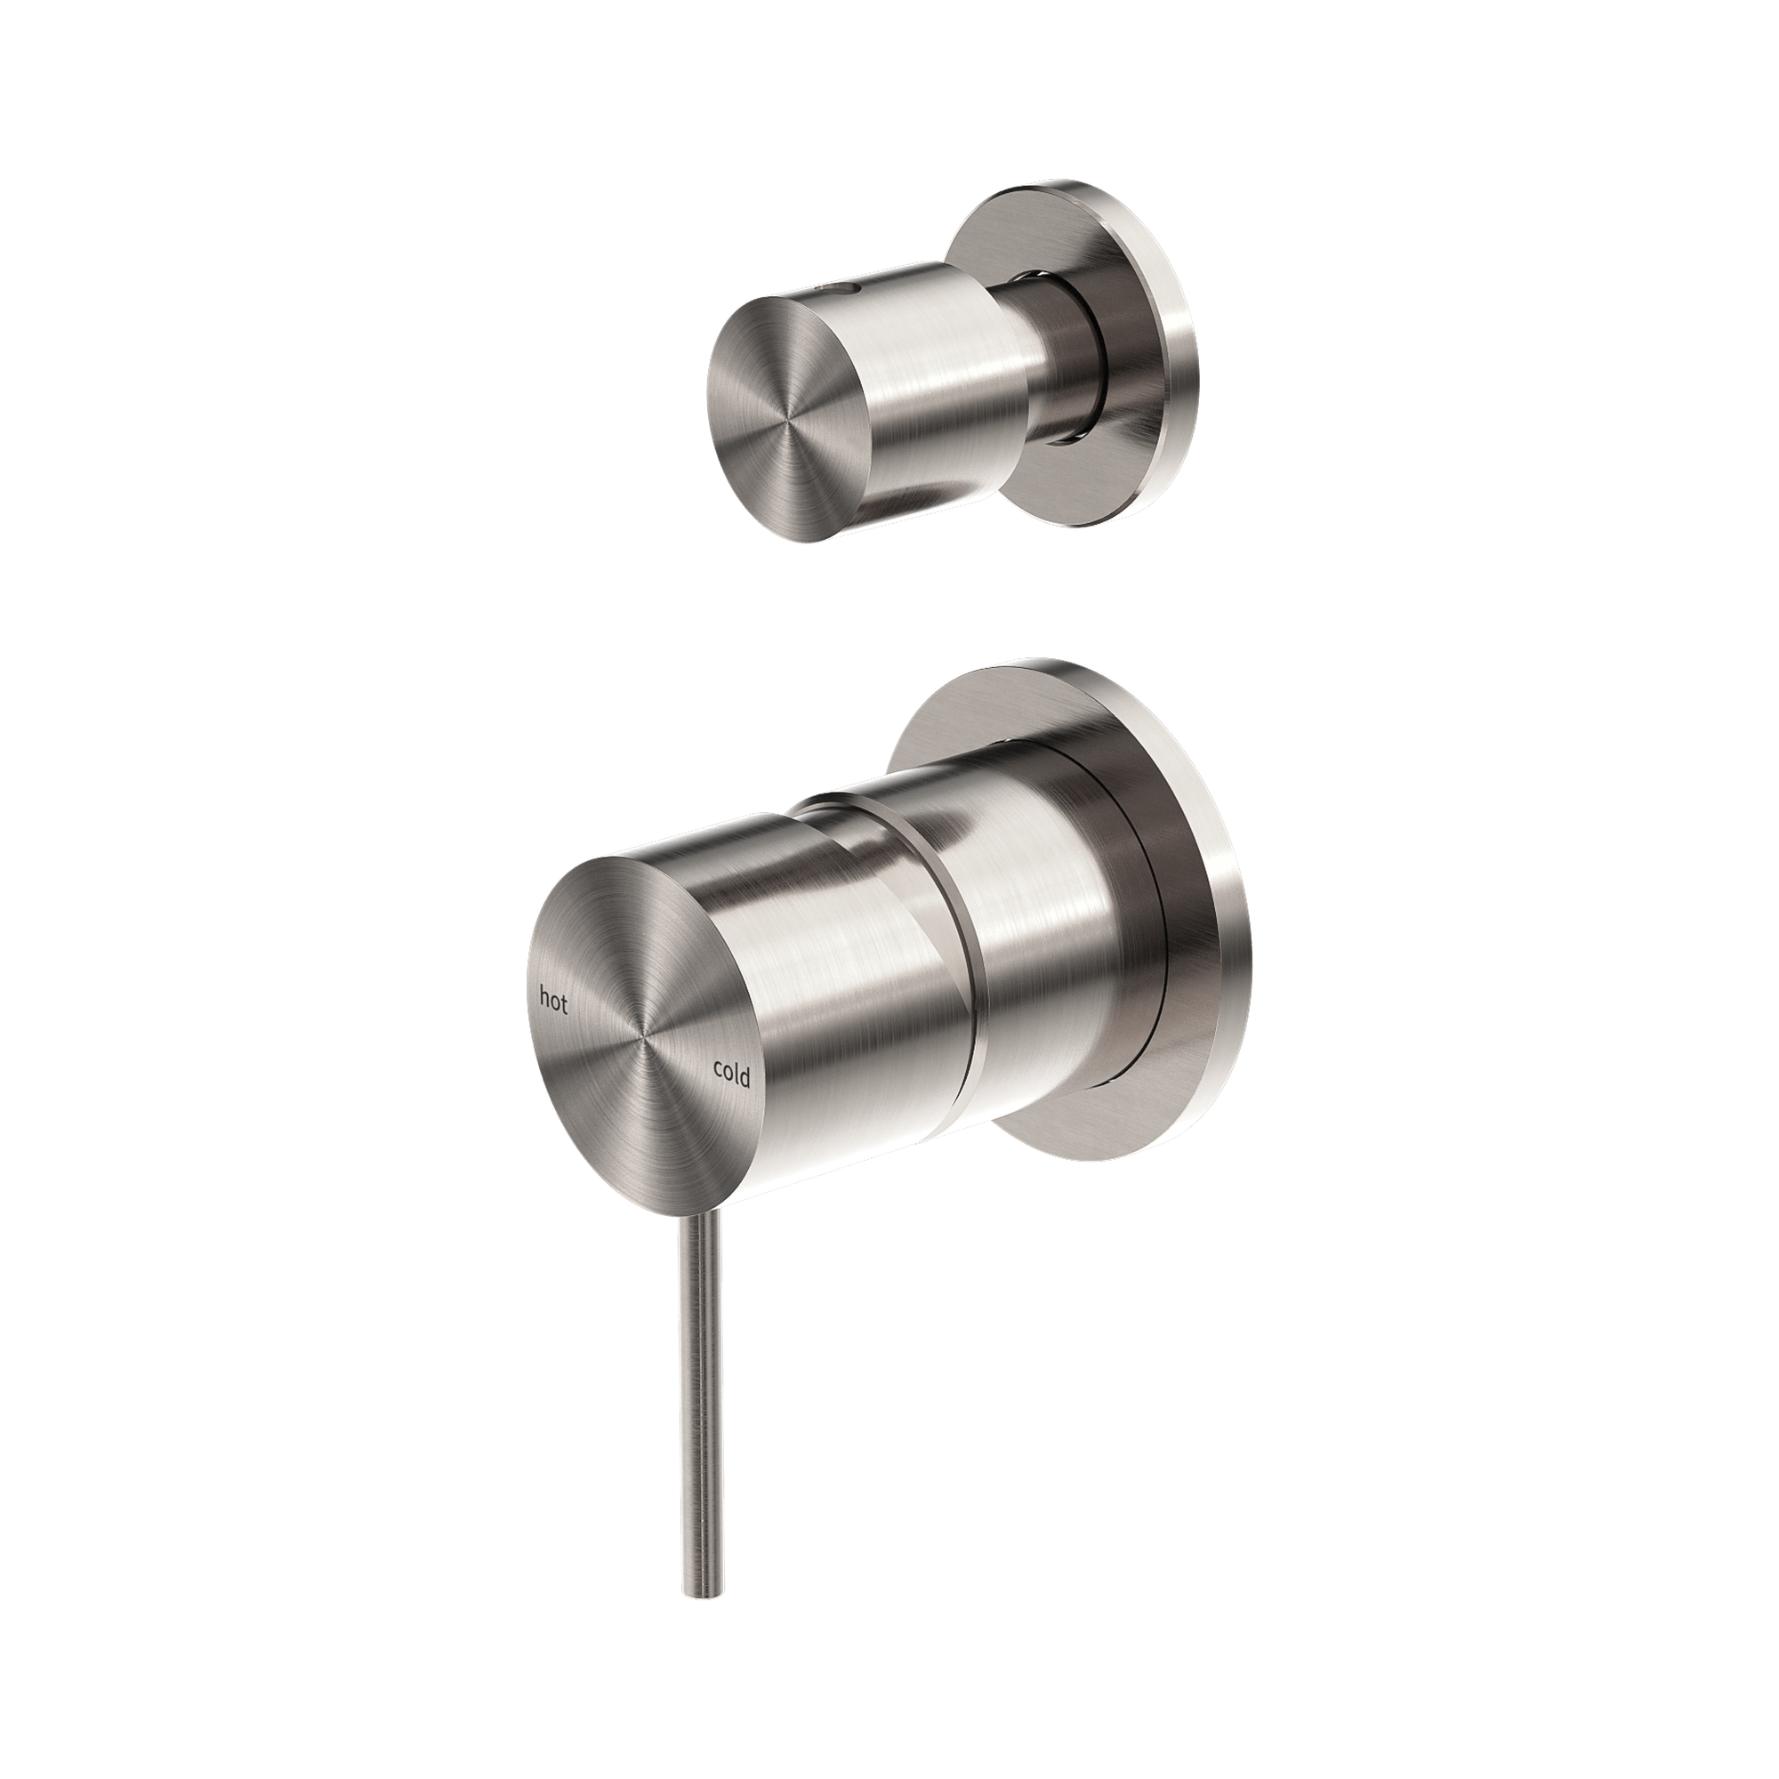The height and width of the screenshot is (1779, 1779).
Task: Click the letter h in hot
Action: (x=544, y=998)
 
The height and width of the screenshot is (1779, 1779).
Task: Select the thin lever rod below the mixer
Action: (x=697, y=1363)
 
